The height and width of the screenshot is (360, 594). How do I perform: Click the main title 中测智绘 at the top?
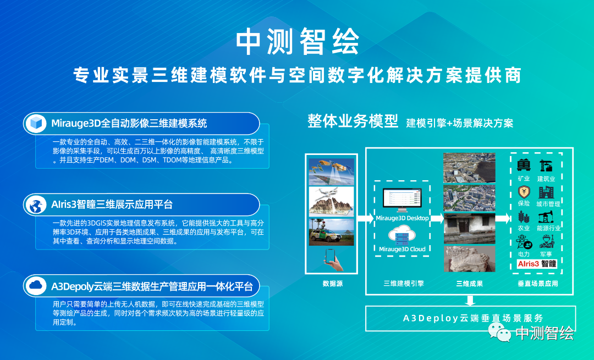(x=298, y=42)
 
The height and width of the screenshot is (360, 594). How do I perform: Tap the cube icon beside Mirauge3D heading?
(x=36, y=124)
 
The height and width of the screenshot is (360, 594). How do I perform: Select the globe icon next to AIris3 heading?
(x=36, y=205)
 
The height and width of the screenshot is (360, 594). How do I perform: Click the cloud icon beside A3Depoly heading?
(x=36, y=286)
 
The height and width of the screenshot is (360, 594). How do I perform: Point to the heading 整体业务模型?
(x=353, y=121)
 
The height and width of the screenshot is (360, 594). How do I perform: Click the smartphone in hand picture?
(x=332, y=259)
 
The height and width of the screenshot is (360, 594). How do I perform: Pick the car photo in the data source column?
(x=332, y=232)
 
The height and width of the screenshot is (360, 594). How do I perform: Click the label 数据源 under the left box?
(x=333, y=284)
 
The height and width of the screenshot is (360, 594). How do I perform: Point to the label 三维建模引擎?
(x=404, y=284)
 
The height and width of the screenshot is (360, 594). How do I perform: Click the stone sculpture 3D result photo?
(x=469, y=259)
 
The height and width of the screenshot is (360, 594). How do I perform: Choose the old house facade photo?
(x=469, y=228)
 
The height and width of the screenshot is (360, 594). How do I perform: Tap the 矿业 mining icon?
(x=524, y=165)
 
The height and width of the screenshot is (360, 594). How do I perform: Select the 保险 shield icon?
(x=524, y=192)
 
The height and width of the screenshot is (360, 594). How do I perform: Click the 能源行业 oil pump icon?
(x=546, y=217)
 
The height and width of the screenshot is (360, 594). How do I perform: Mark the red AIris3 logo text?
(x=529, y=264)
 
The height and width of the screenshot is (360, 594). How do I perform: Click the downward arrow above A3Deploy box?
(x=470, y=301)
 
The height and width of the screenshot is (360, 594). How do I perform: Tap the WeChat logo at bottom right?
(x=499, y=331)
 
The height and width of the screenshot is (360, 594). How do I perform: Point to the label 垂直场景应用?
(x=537, y=284)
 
